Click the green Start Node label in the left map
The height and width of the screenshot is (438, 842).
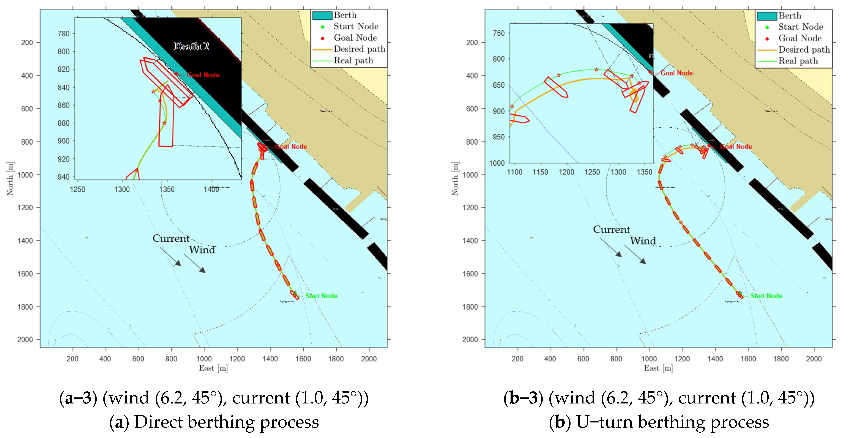pyautogui.click(x=321, y=296)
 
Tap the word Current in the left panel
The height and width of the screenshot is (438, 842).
pyautogui.click(x=171, y=238)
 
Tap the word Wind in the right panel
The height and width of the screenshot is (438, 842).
pyautogui.click(x=643, y=241)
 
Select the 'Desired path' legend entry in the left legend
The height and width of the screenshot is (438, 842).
pyautogui.click(x=359, y=49)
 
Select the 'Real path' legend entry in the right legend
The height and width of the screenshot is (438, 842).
pyautogui.click(x=798, y=61)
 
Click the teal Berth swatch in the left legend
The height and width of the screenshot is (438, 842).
pyautogui.click(x=322, y=15)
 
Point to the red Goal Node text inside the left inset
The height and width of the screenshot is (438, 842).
pyautogui.click(x=203, y=75)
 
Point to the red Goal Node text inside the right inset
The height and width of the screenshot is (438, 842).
pyautogui.click(x=676, y=73)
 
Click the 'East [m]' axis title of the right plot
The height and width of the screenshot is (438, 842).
pyautogui.click(x=658, y=368)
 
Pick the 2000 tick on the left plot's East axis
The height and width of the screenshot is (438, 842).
pyautogui.click(x=369, y=359)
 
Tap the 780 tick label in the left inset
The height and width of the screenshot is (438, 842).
pyautogui.click(x=63, y=34)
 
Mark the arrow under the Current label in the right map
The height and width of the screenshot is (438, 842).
pyautogui.click(x=611, y=247)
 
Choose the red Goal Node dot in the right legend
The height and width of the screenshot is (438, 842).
pyautogui.click(x=767, y=39)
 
